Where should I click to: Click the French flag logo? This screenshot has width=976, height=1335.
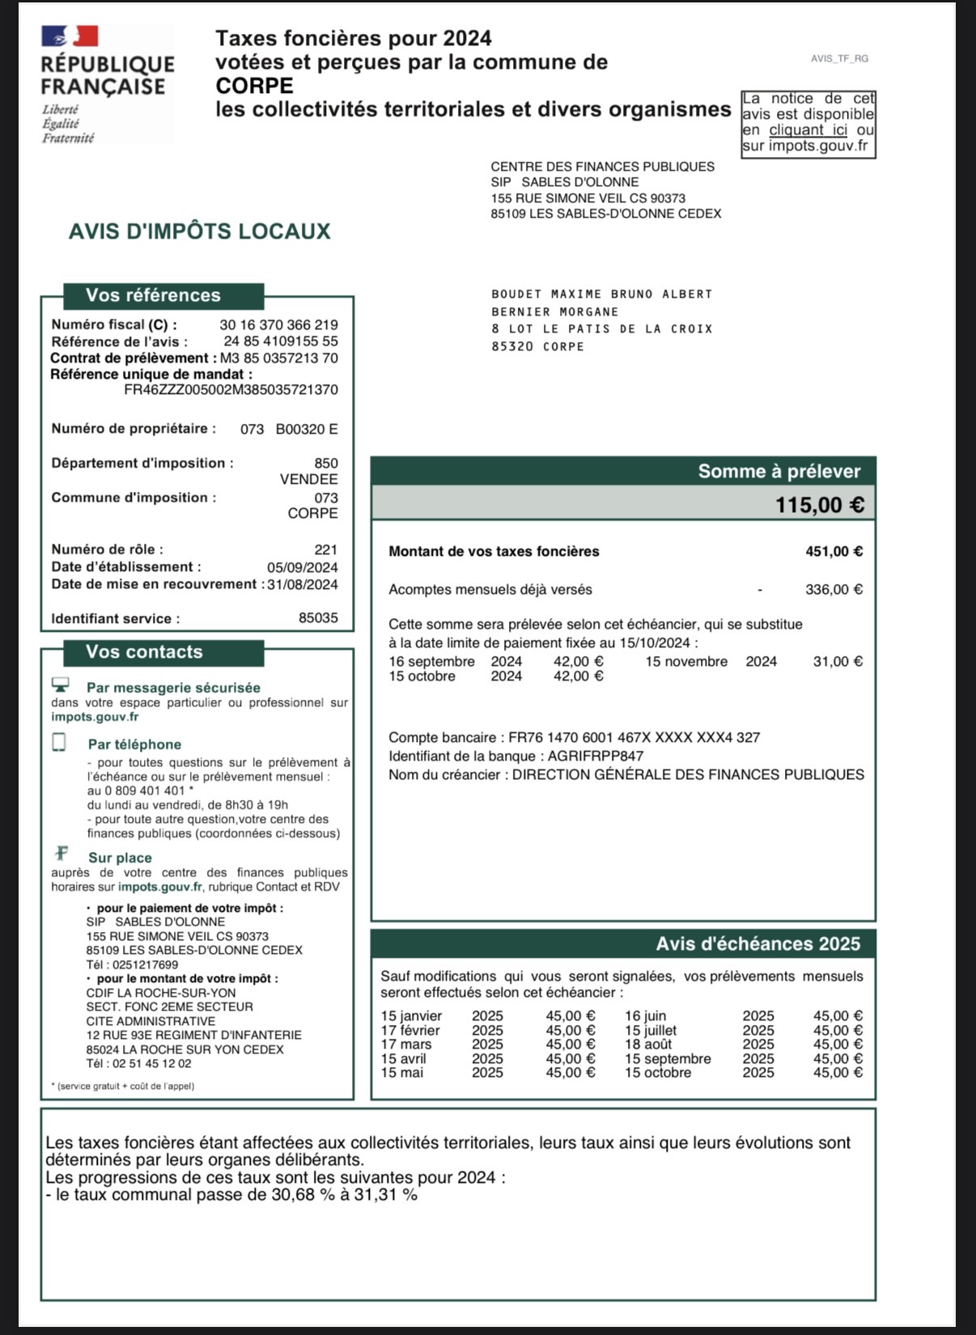(x=70, y=36)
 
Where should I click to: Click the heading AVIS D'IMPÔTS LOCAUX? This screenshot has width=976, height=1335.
(x=200, y=231)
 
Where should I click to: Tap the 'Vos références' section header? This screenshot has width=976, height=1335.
(x=154, y=295)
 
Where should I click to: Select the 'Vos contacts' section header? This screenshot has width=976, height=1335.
(x=145, y=652)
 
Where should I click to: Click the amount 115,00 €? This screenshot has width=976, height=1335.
(x=819, y=505)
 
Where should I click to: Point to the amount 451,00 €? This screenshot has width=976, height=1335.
(x=834, y=552)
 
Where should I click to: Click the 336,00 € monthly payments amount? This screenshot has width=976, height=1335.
(x=834, y=590)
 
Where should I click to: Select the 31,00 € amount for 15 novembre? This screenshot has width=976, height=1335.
(x=838, y=662)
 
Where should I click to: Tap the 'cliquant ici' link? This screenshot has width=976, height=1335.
(x=808, y=130)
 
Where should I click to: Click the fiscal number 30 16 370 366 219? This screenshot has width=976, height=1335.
(x=278, y=325)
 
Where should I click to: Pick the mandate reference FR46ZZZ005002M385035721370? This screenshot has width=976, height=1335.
(x=231, y=390)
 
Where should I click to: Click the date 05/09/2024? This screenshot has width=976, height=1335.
(x=303, y=568)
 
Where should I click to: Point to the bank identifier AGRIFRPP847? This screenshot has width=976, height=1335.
(x=596, y=756)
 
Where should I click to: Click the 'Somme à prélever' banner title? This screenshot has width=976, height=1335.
(x=779, y=472)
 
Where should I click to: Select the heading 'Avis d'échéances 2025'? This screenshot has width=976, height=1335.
(x=757, y=944)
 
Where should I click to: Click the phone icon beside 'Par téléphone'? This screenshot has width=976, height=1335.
(x=59, y=742)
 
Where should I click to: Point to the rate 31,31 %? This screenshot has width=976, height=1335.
(x=386, y=1195)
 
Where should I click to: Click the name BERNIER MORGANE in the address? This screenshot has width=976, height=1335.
(x=555, y=312)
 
